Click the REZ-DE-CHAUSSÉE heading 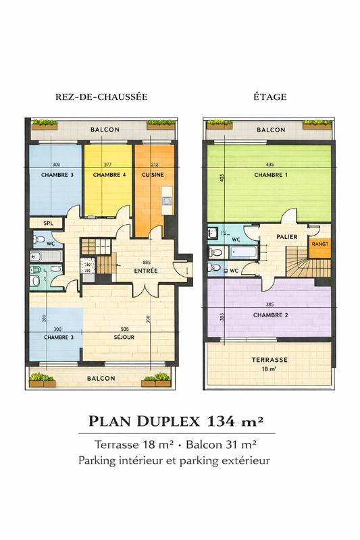click(x=101, y=97)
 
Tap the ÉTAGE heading click(x=269, y=97)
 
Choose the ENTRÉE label click(x=146, y=271)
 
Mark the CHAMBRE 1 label click(x=270, y=175)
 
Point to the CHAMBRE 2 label click(x=270, y=315)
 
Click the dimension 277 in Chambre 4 click(x=108, y=165)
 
